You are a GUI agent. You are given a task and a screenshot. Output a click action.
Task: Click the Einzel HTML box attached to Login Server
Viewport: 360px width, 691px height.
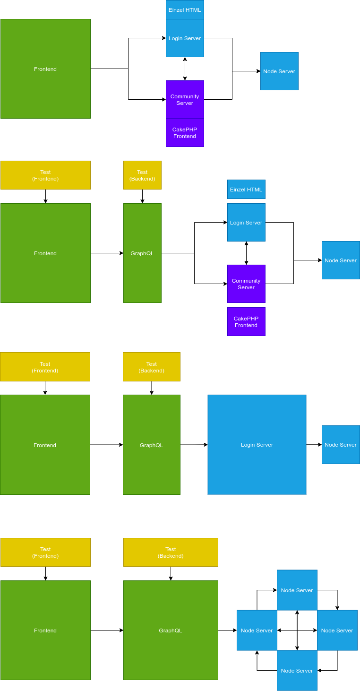[185, 9]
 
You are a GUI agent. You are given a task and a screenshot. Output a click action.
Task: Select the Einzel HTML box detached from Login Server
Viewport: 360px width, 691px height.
[246, 189]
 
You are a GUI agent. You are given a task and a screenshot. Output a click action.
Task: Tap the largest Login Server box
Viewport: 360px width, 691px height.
[257, 445]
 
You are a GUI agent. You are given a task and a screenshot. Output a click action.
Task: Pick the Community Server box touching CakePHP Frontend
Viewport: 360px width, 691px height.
[185, 99]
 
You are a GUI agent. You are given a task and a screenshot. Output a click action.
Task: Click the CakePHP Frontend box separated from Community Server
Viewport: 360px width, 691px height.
[246, 321]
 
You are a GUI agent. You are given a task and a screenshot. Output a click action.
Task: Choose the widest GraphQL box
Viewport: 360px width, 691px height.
[171, 630]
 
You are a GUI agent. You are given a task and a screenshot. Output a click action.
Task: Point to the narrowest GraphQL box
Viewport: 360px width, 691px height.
[142, 253]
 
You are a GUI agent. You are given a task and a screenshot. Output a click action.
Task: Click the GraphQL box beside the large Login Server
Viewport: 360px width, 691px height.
[151, 445]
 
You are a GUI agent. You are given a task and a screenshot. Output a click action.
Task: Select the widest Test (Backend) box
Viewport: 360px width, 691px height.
[171, 552]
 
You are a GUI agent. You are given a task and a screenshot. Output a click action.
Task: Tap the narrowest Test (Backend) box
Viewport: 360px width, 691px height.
[142, 175]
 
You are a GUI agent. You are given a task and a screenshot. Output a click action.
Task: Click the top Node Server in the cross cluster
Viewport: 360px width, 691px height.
[297, 590]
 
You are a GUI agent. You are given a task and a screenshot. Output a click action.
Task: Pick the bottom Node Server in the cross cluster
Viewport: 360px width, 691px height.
[297, 670]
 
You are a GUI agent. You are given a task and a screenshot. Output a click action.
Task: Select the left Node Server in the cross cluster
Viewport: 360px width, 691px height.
[257, 630]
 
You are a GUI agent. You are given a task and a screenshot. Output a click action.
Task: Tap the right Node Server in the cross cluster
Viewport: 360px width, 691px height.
[337, 630]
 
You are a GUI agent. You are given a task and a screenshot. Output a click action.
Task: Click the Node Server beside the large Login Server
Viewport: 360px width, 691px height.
[341, 444]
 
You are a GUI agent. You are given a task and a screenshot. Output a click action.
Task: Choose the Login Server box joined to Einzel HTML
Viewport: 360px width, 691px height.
[185, 38]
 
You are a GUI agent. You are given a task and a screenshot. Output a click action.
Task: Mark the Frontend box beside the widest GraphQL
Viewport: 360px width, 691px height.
[45, 630]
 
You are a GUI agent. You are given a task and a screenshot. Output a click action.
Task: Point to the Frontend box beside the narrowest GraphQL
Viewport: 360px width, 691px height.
[45, 253]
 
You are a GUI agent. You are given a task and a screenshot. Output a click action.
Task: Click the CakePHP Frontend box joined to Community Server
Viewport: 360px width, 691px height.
[185, 132]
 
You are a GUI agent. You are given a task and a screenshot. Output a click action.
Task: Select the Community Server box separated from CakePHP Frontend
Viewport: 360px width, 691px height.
[246, 284]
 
